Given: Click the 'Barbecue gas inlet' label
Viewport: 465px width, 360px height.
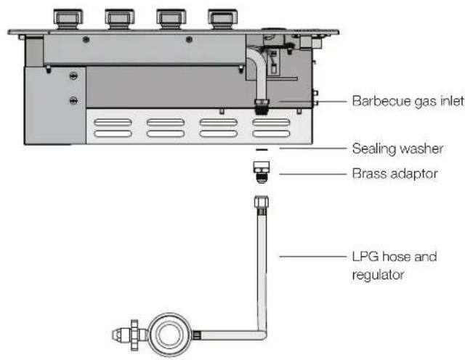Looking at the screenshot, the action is pyautogui.click(x=408, y=101).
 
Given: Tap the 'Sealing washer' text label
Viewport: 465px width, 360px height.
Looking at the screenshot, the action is pyautogui.click(x=397, y=149).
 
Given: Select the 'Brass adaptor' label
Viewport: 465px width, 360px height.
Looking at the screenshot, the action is pyautogui.click(x=395, y=173).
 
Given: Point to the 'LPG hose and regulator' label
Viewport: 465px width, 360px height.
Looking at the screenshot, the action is pyautogui.click(x=395, y=266).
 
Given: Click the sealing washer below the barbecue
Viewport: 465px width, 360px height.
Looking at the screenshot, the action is pyautogui.click(x=262, y=150).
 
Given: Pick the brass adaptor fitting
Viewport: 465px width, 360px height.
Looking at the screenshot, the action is pyautogui.click(x=262, y=172).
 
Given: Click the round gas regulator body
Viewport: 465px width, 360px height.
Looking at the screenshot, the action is pyautogui.click(x=169, y=334).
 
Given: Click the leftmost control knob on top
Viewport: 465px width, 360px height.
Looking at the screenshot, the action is pyautogui.click(x=68, y=18).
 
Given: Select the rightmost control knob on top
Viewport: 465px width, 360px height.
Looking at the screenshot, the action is pyautogui.click(x=222, y=18).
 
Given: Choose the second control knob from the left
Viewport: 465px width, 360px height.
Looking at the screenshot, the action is pyautogui.click(x=119, y=18).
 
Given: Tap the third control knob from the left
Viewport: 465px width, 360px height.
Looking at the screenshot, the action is pyautogui.click(x=171, y=18).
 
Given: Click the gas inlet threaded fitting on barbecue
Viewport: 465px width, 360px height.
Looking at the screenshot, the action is pyautogui.click(x=262, y=107).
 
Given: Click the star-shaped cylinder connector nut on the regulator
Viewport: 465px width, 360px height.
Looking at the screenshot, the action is pyautogui.click(x=134, y=335).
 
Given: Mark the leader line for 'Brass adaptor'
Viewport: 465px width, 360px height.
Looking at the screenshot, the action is pyautogui.click(x=313, y=174).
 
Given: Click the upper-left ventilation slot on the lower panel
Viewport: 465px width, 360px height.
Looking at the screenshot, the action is pyautogui.click(x=113, y=122).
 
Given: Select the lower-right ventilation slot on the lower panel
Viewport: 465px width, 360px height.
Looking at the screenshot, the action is pyautogui.click(x=271, y=134).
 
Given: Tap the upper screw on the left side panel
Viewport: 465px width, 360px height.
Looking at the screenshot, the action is pyautogui.click(x=73, y=76).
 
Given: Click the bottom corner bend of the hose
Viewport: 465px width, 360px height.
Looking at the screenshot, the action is pyautogui.click(x=262, y=335).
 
